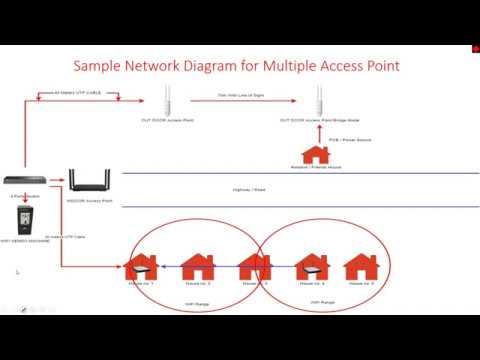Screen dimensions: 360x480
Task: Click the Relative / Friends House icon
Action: pyautogui.click(x=316, y=154)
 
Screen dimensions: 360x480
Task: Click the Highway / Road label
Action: pyautogui.click(x=240, y=189)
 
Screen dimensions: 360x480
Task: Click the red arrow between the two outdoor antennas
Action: pyautogui.click(x=241, y=103)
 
